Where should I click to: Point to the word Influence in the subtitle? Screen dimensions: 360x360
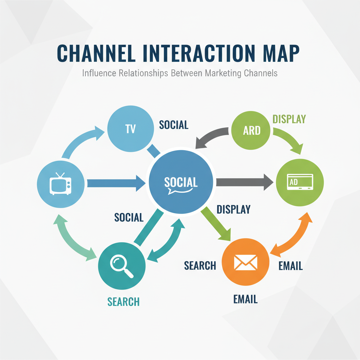point(99,73)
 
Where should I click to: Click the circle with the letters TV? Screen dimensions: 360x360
point(130,130)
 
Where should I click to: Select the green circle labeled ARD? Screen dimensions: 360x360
point(252,130)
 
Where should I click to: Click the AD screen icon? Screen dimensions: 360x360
point(300,182)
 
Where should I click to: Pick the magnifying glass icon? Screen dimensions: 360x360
point(122,265)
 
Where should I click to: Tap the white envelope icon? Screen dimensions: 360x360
point(246,262)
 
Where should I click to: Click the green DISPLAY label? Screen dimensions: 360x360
point(289,119)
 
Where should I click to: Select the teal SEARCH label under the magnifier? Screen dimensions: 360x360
point(123,301)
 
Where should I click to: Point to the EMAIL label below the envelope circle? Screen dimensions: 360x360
point(245,300)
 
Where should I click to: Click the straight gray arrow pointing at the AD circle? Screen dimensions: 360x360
point(244,182)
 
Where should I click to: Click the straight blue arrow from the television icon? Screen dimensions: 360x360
point(116,183)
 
